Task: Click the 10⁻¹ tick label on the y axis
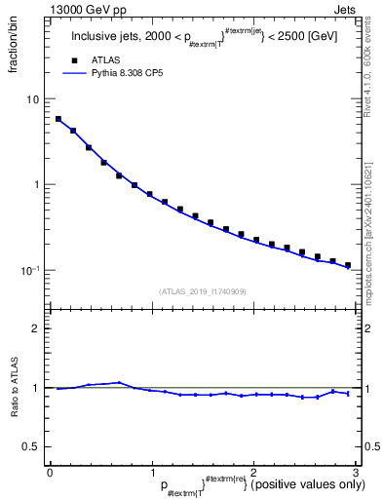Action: tap(31, 270)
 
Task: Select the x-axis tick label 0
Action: tap(50, 472)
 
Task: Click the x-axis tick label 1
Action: tap(151, 472)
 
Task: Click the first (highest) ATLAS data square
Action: tap(58, 119)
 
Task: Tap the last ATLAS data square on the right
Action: tap(348, 265)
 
